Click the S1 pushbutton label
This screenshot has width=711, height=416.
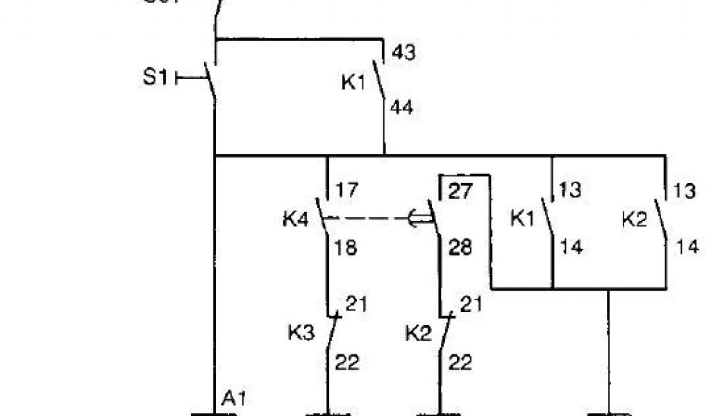(x=156, y=77)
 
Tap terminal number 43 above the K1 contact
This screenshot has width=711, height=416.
(x=403, y=53)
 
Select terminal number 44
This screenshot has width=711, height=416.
(x=403, y=107)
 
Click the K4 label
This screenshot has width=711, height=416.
(x=294, y=220)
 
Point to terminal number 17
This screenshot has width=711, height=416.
(x=346, y=190)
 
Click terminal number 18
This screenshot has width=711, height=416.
(x=346, y=248)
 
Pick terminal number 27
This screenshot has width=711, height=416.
(x=459, y=190)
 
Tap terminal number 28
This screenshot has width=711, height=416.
(x=460, y=248)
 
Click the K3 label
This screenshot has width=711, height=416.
(x=301, y=333)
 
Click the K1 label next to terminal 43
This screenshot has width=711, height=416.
(x=353, y=82)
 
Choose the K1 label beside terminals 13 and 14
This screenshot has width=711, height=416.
(x=524, y=220)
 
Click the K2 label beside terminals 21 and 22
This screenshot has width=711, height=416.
(x=419, y=333)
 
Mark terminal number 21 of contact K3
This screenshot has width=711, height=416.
(x=357, y=304)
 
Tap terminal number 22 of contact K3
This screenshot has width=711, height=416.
(x=349, y=362)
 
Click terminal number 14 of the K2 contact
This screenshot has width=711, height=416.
(x=687, y=248)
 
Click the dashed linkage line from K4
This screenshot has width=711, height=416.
(x=368, y=220)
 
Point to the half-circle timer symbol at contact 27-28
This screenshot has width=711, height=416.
(x=417, y=220)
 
